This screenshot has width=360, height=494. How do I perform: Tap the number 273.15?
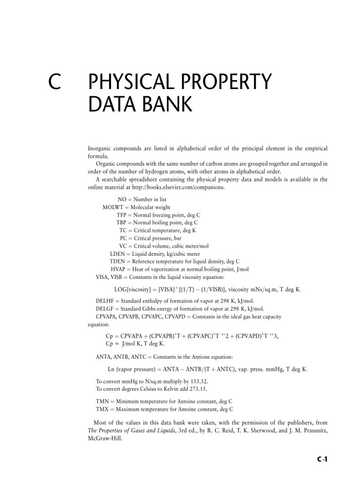pos(198,389)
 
